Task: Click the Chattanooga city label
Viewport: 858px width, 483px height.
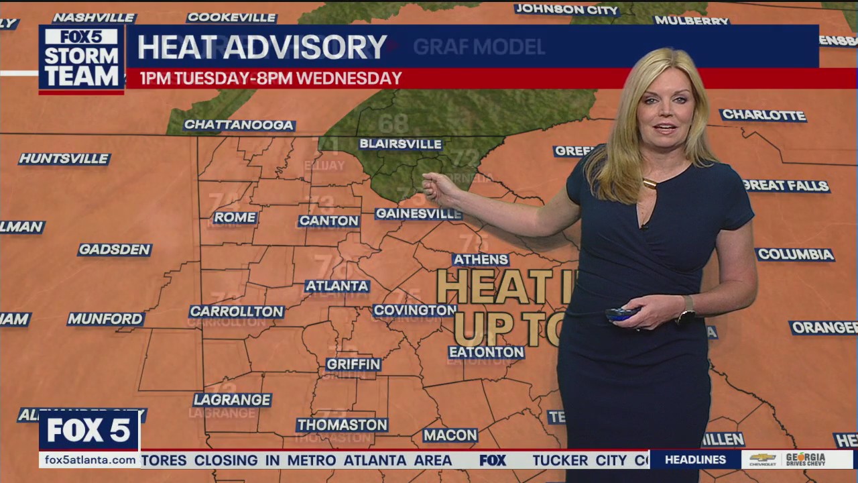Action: point(239,125)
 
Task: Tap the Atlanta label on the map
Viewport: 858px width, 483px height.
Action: point(337,286)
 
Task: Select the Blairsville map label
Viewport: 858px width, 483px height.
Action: point(400,144)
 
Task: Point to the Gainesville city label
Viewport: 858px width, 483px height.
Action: point(418,213)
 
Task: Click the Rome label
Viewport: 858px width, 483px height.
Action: point(235,217)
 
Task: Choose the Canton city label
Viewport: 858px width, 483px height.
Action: point(328,221)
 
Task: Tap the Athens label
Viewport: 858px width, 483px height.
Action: point(481,260)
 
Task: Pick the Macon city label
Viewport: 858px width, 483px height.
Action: point(450,435)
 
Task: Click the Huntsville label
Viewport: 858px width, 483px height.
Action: point(64,159)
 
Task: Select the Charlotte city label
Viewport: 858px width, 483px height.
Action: point(763,115)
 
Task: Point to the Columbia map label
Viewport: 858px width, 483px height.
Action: point(795,255)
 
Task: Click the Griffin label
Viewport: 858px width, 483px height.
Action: point(353,364)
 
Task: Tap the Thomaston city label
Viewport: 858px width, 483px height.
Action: point(342,425)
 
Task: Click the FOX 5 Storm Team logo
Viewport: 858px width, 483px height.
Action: point(81,59)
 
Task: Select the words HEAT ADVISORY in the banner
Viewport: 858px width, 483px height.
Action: point(262,47)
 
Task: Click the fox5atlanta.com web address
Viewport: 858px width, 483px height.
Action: point(88,460)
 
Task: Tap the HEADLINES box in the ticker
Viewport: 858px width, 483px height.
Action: point(695,460)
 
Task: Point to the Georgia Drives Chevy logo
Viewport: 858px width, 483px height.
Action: point(796,460)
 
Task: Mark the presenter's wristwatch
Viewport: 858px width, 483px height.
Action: point(686,309)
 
